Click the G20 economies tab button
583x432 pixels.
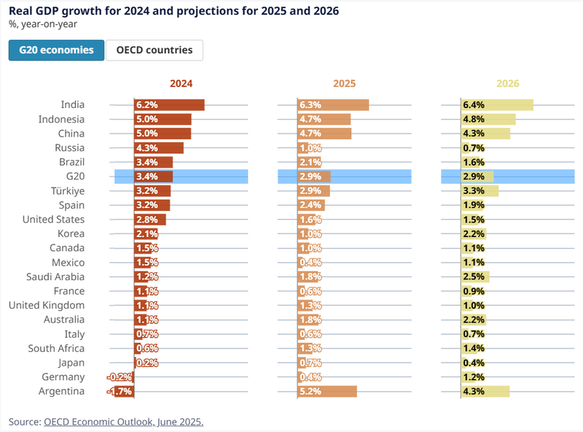point(57,50)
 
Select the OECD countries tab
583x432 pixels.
point(154,50)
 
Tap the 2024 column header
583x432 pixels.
point(181,83)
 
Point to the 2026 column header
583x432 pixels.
point(507,83)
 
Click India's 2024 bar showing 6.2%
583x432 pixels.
point(169,105)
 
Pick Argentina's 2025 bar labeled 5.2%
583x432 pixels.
point(327,391)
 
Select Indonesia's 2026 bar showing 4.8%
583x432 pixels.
point(488,119)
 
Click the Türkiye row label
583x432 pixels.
point(68,191)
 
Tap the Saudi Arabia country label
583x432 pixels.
point(55,277)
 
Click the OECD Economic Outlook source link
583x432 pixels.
point(124,422)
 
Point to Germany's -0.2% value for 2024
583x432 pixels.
point(120,377)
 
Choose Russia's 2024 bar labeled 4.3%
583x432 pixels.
point(159,148)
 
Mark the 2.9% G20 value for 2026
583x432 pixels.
point(474,177)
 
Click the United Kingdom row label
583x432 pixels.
point(47,305)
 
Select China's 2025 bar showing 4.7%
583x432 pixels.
point(324,134)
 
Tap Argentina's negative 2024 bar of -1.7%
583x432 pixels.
point(124,391)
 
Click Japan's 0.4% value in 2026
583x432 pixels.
point(474,363)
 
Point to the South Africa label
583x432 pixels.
point(56,348)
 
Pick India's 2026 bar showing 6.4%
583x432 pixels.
point(497,105)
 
